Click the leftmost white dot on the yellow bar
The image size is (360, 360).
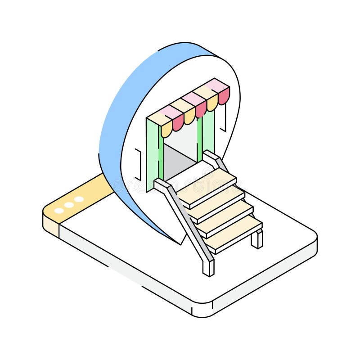point(59,211)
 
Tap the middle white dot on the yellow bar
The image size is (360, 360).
point(69,205)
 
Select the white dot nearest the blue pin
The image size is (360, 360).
point(79,199)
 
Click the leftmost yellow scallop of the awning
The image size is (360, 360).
point(166,130)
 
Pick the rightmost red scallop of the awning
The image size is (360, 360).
point(224,96)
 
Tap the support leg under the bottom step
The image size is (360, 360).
point(257,238)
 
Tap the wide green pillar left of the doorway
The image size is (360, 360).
point(152,153)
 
